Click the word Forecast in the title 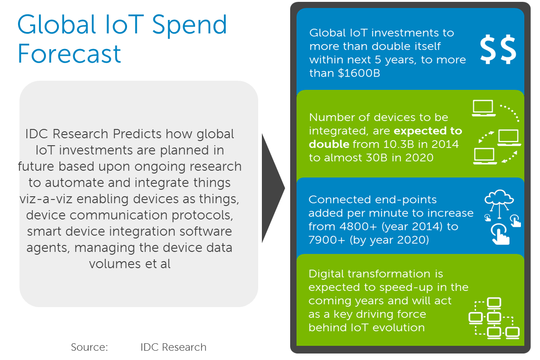coord(69,54)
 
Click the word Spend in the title coord(190,26)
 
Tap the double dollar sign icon coord(498,49)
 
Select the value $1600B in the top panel coord(359,73)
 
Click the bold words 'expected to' coord(428,131)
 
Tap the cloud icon coord(499,197)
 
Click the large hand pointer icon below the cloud coord(500,234)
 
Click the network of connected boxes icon coord(494,318)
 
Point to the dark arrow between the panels coord(273,188)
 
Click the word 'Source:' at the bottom coord(89,347)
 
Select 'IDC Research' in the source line coord(173,347)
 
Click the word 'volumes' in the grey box coord(115,264)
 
